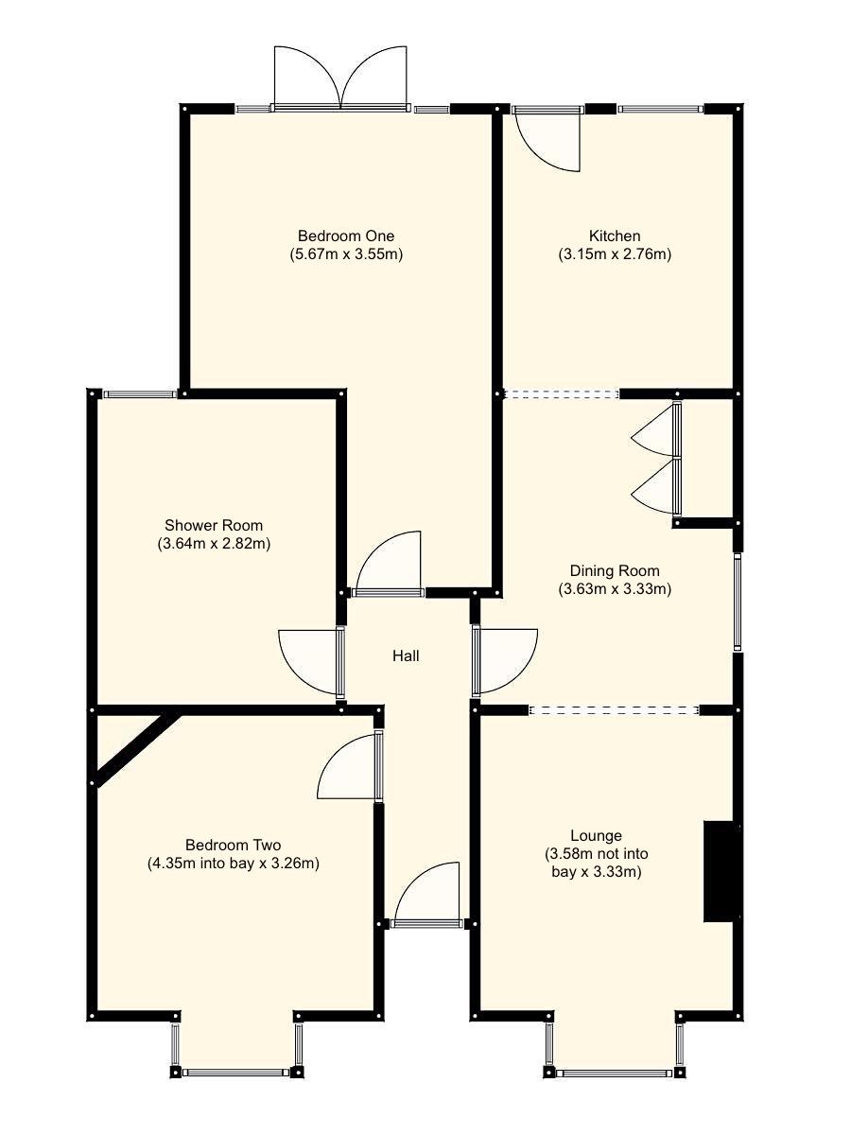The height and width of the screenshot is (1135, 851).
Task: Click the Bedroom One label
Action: [x=346, y=236]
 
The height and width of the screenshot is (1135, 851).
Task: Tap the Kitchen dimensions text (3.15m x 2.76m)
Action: [x=615, y=253]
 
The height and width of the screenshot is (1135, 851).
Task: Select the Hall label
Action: [x=406, y=655]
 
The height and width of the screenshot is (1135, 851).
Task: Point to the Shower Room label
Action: [x=214, y=525]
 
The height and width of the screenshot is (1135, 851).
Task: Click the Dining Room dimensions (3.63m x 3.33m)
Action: [x=615, y=588]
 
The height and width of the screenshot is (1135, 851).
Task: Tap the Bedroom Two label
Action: [x=233, y=845]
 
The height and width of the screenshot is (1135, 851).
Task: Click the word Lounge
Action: [x=596, y=835]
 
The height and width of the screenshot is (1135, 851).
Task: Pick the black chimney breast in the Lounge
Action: [x=721, y=871]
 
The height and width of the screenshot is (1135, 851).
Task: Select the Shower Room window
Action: [x=140, y=394]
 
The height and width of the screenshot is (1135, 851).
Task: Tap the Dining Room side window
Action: [x=738, y=602]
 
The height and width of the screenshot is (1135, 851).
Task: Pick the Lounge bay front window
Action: [x=614, y=1073]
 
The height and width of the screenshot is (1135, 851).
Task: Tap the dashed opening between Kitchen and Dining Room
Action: [x=562, y=394]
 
